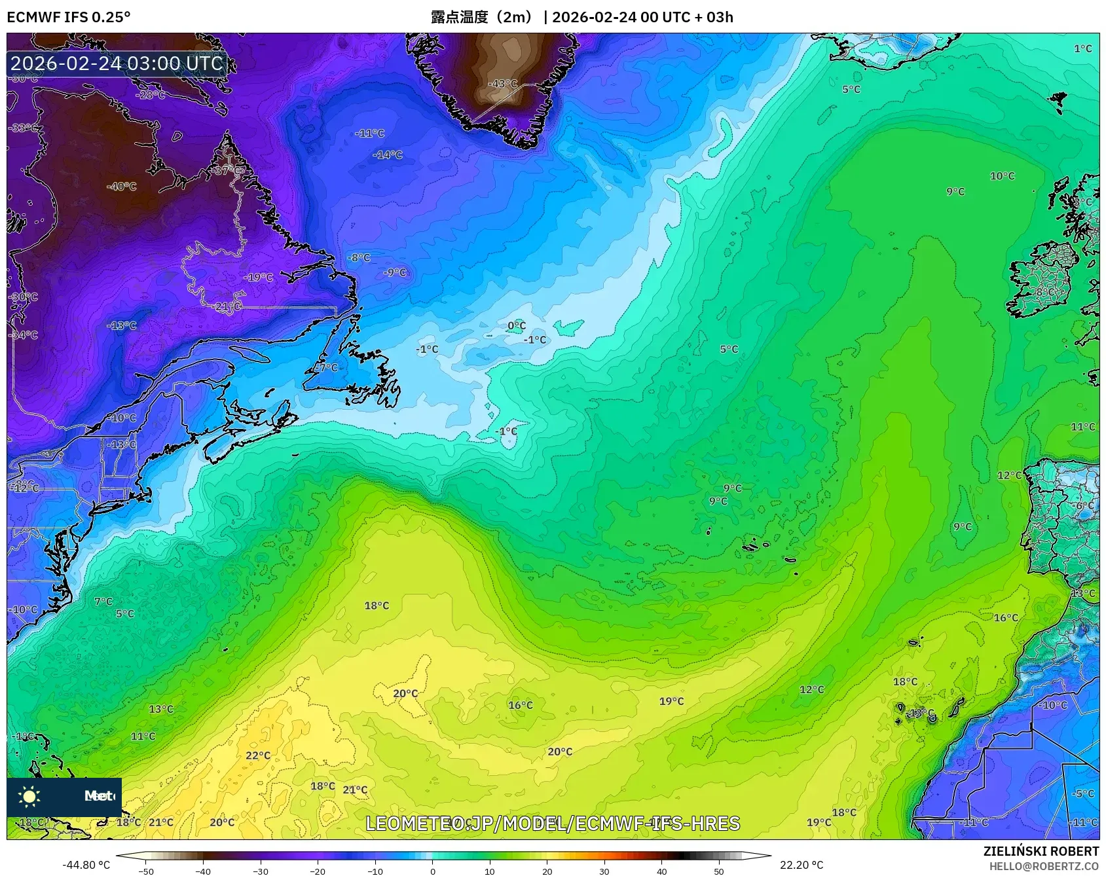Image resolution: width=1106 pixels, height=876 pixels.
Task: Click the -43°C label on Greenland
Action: pyautogui.click(x=502, y=84)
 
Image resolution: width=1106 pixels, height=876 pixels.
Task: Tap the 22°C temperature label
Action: pyautogui.click(x=258, y=756)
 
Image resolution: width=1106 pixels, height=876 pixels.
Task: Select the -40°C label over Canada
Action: pyautogui.click(x=122, y=187)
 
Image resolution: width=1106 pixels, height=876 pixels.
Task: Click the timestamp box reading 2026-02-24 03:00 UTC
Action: pyautogui.click(x=117, y=64)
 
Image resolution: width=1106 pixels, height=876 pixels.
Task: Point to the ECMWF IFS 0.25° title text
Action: pyautogui.click(x=69, y=18)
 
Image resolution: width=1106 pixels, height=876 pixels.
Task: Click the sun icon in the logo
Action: pyautogui.click(x=29, y=796)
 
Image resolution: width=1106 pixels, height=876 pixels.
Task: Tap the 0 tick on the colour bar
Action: pyautogui.click(x=432, y=871)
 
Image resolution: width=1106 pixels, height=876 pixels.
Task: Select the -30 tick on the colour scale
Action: pyautogui.click(x=261, y=871)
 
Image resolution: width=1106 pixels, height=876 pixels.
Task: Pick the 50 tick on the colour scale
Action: pyautogui.click(x=719, y=871)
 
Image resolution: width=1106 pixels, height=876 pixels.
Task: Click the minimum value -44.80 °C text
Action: pyautogui.click(x=86, y=865)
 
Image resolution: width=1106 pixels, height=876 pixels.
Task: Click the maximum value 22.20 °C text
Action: pyautogui.click(x=802, y=865)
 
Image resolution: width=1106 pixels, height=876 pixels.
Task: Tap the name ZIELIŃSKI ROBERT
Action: pyautogui.click(x=1041, y=851)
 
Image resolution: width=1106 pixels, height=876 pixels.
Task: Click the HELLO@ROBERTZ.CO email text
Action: pyautogui.click(x=1044, y=866)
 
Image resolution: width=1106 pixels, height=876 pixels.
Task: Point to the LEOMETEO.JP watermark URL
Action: pyautogui.click(x=553, y=824)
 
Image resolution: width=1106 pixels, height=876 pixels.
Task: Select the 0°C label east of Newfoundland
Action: pyautogui.click(x=517, y=326)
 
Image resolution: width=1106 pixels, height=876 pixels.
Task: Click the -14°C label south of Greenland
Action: pyautogui.click(x=388, y=155)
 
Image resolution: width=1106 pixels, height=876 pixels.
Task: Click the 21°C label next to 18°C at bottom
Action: pyautogui.click(x=355, y=790)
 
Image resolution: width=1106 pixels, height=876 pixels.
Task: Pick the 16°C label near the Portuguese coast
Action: pyautogui.click(x=1006, y=618)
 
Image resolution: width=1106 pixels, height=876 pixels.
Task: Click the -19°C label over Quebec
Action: pyautogui.click(x=259, y=278)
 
